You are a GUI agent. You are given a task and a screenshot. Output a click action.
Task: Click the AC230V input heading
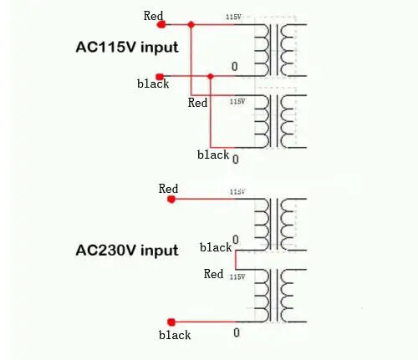point(127,250)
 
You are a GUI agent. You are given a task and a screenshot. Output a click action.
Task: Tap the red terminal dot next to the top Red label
point(161,24)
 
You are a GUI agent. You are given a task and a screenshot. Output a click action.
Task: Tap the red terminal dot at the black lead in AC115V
point(161,77)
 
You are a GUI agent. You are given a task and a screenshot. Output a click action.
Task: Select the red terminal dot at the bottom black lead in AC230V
point(171,322)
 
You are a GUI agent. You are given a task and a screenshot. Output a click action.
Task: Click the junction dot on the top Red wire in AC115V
point(191,24)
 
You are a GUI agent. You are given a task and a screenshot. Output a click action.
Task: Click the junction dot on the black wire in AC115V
point(211,77)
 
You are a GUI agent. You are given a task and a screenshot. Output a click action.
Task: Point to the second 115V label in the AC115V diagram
point(237,101)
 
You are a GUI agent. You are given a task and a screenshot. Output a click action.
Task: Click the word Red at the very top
point(153,15)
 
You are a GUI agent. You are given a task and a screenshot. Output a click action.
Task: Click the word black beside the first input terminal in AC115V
point(153,84)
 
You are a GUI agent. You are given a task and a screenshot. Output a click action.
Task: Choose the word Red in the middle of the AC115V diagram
point(197,103)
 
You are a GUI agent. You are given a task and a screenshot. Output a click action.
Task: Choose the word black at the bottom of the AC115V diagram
point(212,155)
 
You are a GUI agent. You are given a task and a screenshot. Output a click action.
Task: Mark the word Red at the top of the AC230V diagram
point(168,189)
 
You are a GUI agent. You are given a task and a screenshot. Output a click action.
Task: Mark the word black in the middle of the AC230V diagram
point(216,247)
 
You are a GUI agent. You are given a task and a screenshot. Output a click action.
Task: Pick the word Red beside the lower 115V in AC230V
point(214,274)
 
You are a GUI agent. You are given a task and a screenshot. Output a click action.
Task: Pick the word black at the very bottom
point(175,335)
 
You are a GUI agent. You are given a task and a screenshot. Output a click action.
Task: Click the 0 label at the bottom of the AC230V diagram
point(237,332)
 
